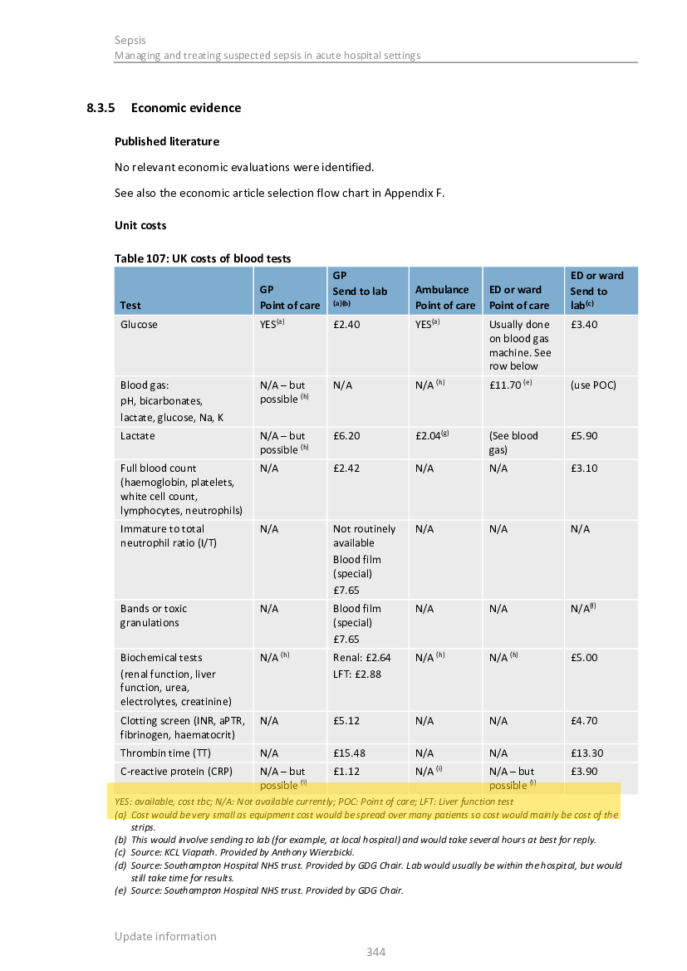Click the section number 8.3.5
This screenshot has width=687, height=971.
click(100, 108)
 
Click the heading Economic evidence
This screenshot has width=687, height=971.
click(186, 108)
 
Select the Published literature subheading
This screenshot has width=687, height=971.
click(167, 141)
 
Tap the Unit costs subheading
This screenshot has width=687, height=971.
click(140, 225)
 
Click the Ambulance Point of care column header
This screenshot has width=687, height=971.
click(445, 297)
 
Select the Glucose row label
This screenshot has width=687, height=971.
click(139, 325)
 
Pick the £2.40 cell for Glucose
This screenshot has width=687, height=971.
click(346, 325)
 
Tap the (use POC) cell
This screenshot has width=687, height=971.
click(593, 385)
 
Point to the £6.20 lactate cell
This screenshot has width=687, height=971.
click(346, 436)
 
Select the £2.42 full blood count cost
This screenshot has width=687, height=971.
click(346, 468)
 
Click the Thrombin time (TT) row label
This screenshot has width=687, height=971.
click(165, 753)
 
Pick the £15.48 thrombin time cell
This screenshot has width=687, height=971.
click(350, 753)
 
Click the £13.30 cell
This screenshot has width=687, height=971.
click(587, 753)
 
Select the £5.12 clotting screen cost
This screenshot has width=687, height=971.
click(346, 721)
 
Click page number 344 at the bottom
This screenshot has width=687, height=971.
click(376, 952)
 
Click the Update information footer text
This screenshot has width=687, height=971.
click(165, 936)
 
